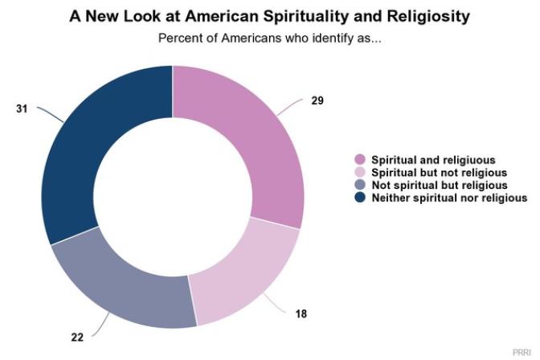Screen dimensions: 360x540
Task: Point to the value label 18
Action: tap(301, 313)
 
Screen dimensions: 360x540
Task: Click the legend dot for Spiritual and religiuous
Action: tap(358, 159)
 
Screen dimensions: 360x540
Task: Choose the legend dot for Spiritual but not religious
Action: tap(358, 172)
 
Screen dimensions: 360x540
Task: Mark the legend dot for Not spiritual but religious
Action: tap(358, 185)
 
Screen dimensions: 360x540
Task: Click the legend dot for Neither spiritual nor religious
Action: tap(358, 198)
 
